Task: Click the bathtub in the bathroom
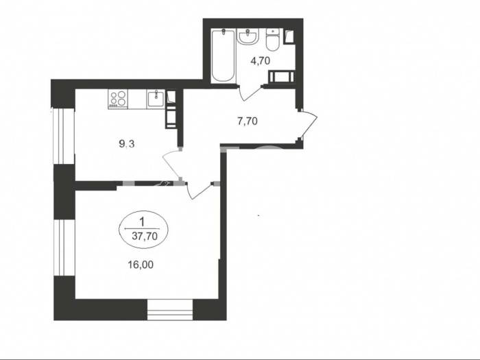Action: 224,56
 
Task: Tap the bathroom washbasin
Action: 248,37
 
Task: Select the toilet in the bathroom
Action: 272,40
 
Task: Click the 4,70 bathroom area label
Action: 260,61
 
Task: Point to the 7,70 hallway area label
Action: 248,121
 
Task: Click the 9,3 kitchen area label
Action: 127,143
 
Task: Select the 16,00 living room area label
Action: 141,265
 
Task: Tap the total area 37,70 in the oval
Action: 145,236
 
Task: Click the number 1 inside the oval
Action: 141,221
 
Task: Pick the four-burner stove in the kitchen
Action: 118,99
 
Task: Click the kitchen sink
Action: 156,99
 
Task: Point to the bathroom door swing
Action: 250,93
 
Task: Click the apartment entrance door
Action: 308,125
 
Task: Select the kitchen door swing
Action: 171,165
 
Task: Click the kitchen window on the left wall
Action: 64,136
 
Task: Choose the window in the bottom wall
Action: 170,310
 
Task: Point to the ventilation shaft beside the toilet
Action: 289,37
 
